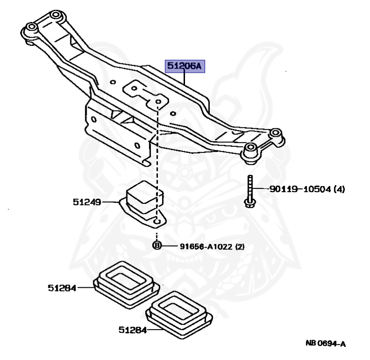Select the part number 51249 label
click(87, 202)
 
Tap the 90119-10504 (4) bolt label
click(307, 189)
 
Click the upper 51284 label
click(62, 288)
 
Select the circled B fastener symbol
click(157, 246)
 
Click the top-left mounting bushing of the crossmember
click(30, 28)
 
